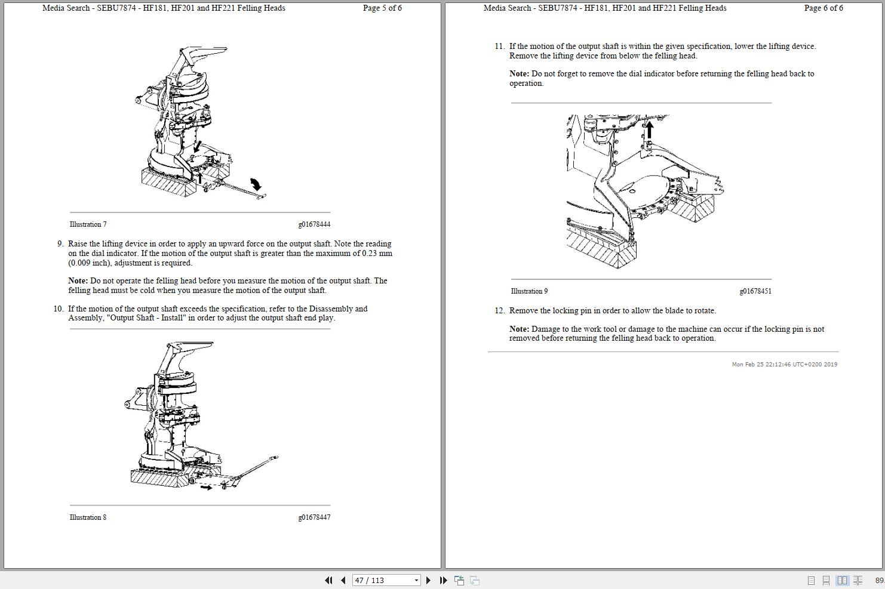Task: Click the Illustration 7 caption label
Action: [88, 224]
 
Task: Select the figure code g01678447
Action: [314, 517]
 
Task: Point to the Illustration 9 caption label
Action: [529, 291]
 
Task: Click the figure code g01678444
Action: [314, 224]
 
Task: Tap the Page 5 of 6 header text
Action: [382, 8]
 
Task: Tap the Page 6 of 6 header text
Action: [823, 8]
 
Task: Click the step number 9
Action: [60, 244]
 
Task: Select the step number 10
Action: [59, 309]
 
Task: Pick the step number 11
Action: [500, 47]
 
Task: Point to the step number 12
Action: [500, 311]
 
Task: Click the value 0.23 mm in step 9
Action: [377, 254]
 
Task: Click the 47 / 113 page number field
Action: [382, 581]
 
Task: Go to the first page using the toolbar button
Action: [328, 581]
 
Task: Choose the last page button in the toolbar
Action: [443, 581]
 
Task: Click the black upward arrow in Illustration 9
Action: [650, 129]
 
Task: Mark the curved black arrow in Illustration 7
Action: [256, 184]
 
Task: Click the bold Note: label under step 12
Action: [519, 329]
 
